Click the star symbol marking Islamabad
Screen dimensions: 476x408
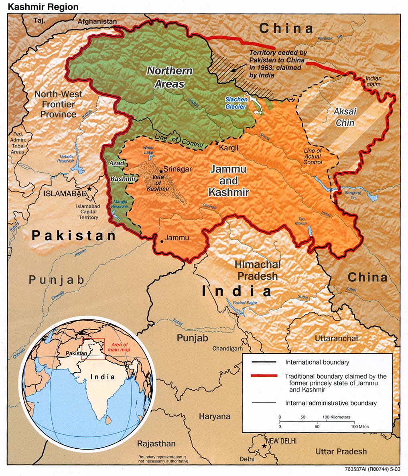coord(89,188)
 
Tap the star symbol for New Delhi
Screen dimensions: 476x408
coord(264,446)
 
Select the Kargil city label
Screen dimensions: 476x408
coord(229,148)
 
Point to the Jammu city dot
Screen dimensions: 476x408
coord(162,241)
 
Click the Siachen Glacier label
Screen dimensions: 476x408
coord(236,103)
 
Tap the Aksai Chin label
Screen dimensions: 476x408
coord(345,117)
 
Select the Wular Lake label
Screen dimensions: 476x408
coord(148,150)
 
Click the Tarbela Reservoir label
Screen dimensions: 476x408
coord(65,158)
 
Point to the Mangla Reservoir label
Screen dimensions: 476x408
coord(120,204)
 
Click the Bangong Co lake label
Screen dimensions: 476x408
coord(353,196)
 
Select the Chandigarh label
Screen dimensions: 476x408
coord(227,349)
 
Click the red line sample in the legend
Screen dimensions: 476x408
coord(264,376)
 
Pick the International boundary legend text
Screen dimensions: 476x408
coord(317,362)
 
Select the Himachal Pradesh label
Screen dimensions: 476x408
coord(258,270)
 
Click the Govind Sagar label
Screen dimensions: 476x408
coord(246,303)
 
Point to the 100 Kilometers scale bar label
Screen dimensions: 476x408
coord(336,417)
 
